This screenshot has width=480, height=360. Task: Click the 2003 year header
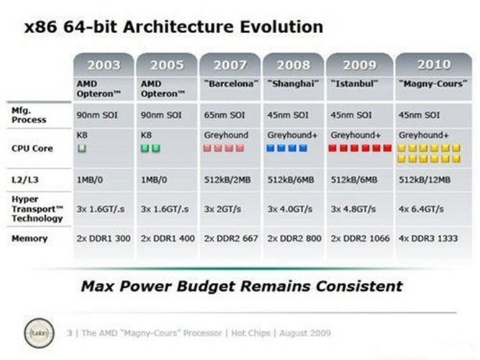pyautogui.click(x=104, y=65)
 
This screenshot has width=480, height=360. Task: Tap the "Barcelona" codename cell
pyautogui.click(x=230, y=84)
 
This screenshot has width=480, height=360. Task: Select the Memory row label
pyautogui.click(x=30, y=238)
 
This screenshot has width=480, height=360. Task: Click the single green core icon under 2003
pyautogui.click(x=81, y=148)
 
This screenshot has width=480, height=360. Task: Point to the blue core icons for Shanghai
pyautogui.click(x=288, y=148)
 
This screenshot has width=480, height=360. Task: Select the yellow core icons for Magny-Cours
pyautogui.click(x=430, y=153)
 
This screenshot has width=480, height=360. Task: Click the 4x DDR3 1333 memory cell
pyautogui.click(x=430, y=238)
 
